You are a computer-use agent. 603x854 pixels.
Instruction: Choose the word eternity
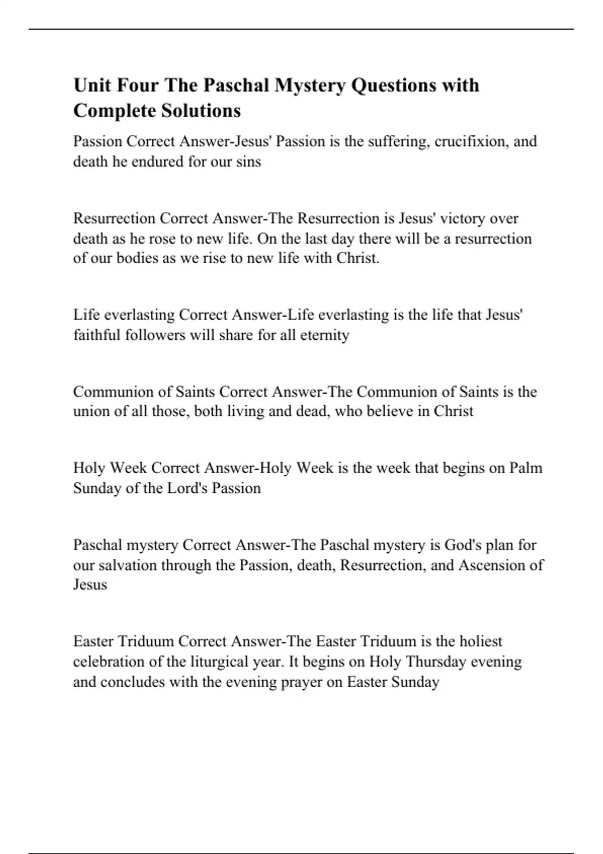point(325,335)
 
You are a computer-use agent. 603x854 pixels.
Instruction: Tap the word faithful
point(97,335)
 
